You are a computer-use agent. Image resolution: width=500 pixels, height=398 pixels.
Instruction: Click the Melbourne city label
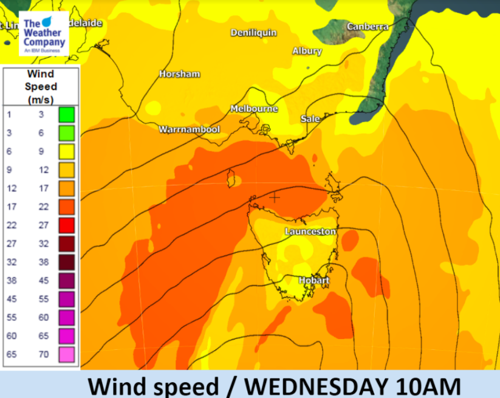254,109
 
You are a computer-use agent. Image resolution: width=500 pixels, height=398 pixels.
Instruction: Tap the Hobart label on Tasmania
314,280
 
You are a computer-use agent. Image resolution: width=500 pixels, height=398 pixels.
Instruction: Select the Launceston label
310,232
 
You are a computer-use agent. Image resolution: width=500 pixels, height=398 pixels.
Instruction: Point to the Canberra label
368,27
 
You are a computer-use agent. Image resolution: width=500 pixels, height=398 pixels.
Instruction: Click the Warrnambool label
189,129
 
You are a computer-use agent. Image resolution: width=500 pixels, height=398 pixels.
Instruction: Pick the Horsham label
179,74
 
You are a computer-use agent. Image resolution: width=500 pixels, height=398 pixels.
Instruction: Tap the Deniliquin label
253,33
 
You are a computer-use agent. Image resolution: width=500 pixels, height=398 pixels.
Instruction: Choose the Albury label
307,52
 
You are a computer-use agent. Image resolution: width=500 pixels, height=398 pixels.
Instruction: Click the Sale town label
310,119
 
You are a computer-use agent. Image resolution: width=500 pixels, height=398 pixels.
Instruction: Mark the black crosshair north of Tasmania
275,197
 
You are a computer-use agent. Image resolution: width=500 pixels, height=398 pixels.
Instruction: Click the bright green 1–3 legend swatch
66,114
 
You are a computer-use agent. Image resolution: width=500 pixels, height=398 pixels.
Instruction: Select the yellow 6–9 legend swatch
66,151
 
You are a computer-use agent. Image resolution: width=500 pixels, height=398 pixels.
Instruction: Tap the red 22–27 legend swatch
66,225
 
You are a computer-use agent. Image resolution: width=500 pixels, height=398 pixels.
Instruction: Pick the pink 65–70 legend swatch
66,354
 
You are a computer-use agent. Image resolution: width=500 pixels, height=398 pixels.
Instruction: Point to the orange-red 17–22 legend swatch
66,207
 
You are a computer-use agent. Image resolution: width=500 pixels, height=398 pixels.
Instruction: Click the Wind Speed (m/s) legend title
41,86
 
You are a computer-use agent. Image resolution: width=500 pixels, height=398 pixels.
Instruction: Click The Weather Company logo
43,34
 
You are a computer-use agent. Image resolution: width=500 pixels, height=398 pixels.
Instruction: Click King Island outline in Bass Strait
231,179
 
